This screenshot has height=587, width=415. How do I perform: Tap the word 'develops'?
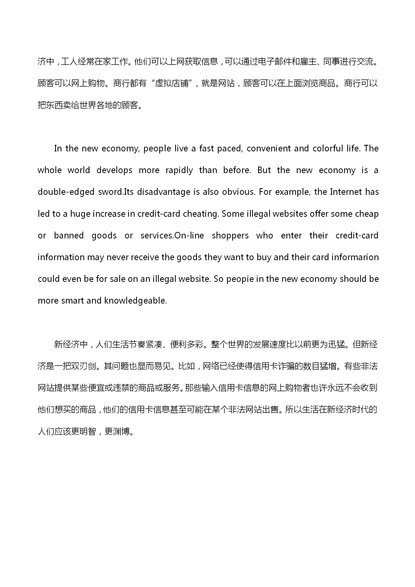114,170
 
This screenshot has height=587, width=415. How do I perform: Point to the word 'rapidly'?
179,170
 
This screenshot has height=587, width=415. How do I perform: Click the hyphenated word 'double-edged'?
66,192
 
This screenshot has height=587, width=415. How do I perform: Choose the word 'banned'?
69,236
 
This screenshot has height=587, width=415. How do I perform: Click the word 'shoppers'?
230,236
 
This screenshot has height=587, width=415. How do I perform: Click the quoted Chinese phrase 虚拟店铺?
172,84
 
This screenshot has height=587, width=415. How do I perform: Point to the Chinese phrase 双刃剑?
80,366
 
